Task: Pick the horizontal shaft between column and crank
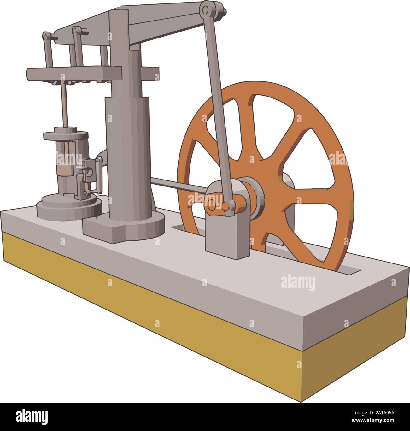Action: click(178, 184)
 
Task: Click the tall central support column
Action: click(126, 126)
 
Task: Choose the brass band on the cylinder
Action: click(65, 170)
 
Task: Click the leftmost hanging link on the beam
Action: click(48, 50)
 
